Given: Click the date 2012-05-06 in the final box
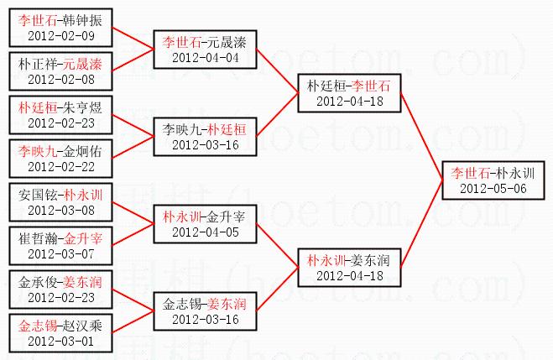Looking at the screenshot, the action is tap(493, 188).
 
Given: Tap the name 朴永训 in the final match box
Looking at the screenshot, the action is tap(515, 174).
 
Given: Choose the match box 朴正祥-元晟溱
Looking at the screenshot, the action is tap(60, 70).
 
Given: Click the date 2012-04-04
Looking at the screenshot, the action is tap(205, 57).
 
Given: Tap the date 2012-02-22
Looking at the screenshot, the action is tap(60, 167).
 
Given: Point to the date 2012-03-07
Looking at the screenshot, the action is tap(60, 253).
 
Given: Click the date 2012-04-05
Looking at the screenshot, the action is tap(205, 231).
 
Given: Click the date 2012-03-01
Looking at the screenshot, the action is tap(60, 341).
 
